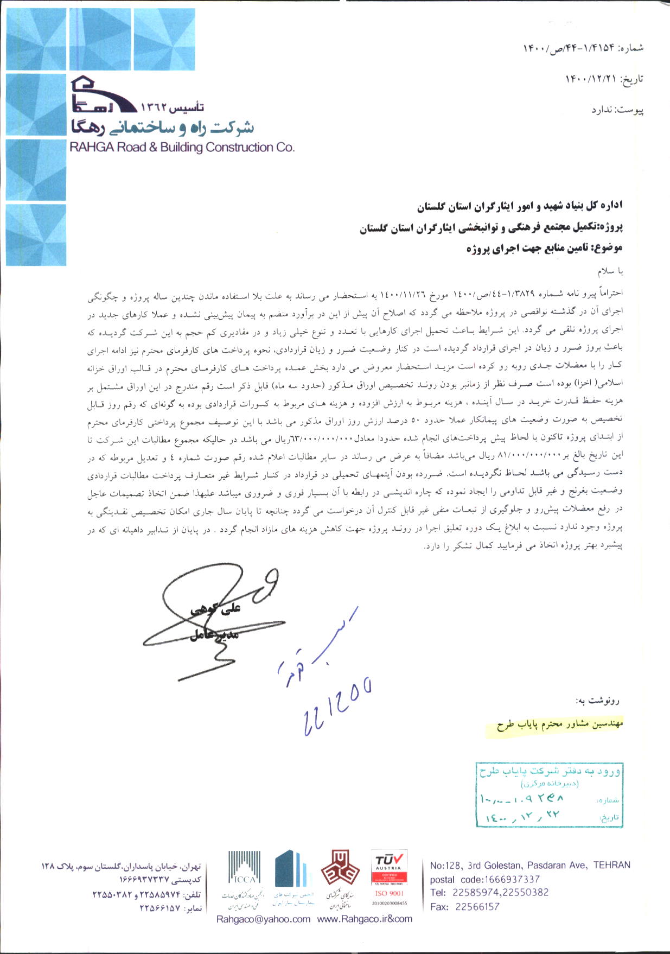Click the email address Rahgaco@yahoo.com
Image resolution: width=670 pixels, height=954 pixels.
point(263,919)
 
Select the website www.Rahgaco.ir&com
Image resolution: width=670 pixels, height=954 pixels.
point(365,919)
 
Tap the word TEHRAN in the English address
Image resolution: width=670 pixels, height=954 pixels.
point(611,865)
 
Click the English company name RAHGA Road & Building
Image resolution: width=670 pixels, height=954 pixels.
point(182,147)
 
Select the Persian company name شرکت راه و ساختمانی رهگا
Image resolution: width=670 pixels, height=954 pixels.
point(162,128)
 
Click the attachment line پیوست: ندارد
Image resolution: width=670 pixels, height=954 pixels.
point(617,110)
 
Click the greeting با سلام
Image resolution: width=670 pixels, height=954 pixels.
point(610,271)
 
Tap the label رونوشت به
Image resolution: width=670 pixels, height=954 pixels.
point(601,701)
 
